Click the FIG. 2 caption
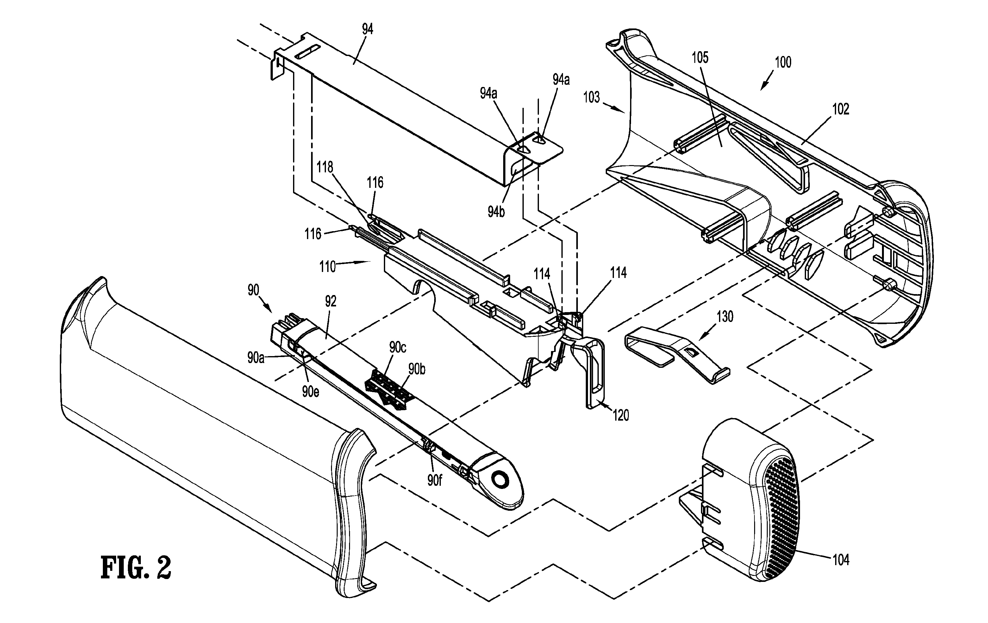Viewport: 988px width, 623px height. [x=136, y=568]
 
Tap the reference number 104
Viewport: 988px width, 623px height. [x=841, y=560]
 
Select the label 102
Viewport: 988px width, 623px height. [x=840, y=109]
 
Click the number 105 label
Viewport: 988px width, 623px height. [x=700, y=58]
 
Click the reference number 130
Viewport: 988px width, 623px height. [x=725, y=317]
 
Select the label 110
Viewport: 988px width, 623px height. [x=328, y=267]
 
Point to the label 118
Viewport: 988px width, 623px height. [x=325, y=167]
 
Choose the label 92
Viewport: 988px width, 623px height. [x=331, y=301]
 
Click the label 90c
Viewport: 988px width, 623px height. [x=397, y=347]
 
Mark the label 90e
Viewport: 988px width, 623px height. [x=310, y=392]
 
